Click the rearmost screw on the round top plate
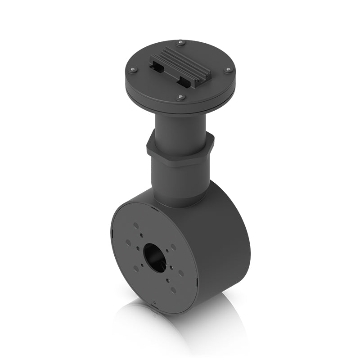tap(180, 43)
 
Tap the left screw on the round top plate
tap(133, 70)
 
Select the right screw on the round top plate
tap(228, 70)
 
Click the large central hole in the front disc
tap(155, 258)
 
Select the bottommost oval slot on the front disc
tap(173, 290)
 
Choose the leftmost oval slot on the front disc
tap(129, 243)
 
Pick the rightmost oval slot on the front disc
tap(181, 273)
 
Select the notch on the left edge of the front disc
tap(112, 232)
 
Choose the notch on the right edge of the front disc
tap(197, 283)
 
